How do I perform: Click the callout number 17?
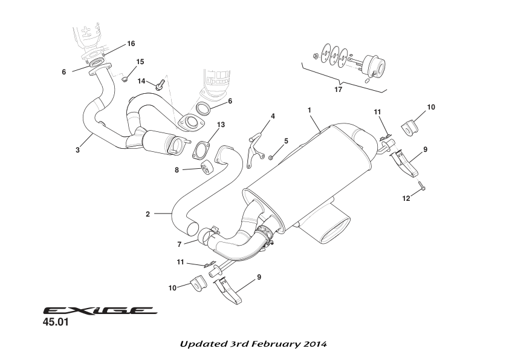coord(338,90)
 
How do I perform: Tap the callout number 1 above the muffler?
coord(309,110)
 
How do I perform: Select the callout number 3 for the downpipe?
coord(77,150)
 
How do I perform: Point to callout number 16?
coord(131,44)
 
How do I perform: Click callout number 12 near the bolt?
coord(406,198)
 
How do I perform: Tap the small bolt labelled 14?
coord(160,85)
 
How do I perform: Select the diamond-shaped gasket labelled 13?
coord(202,150)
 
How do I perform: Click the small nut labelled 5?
coord(272,157)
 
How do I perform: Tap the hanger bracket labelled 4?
coord(256,145)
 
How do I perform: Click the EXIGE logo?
coord(99,311)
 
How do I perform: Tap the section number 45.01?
coord(56,323)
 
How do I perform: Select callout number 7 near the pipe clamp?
coord(180,244)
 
